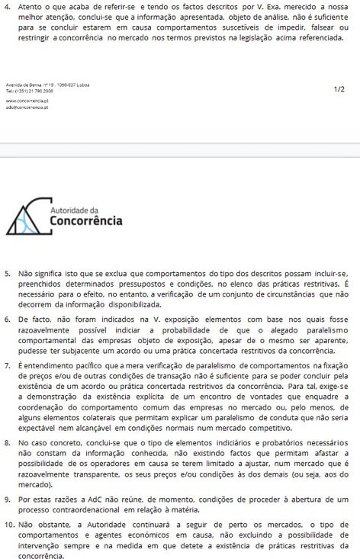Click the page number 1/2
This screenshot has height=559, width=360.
point(339,89)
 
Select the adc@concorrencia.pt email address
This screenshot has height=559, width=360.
point(21,108)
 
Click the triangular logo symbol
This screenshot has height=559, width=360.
point(24,216)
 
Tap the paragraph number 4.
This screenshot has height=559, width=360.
point(7,6)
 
